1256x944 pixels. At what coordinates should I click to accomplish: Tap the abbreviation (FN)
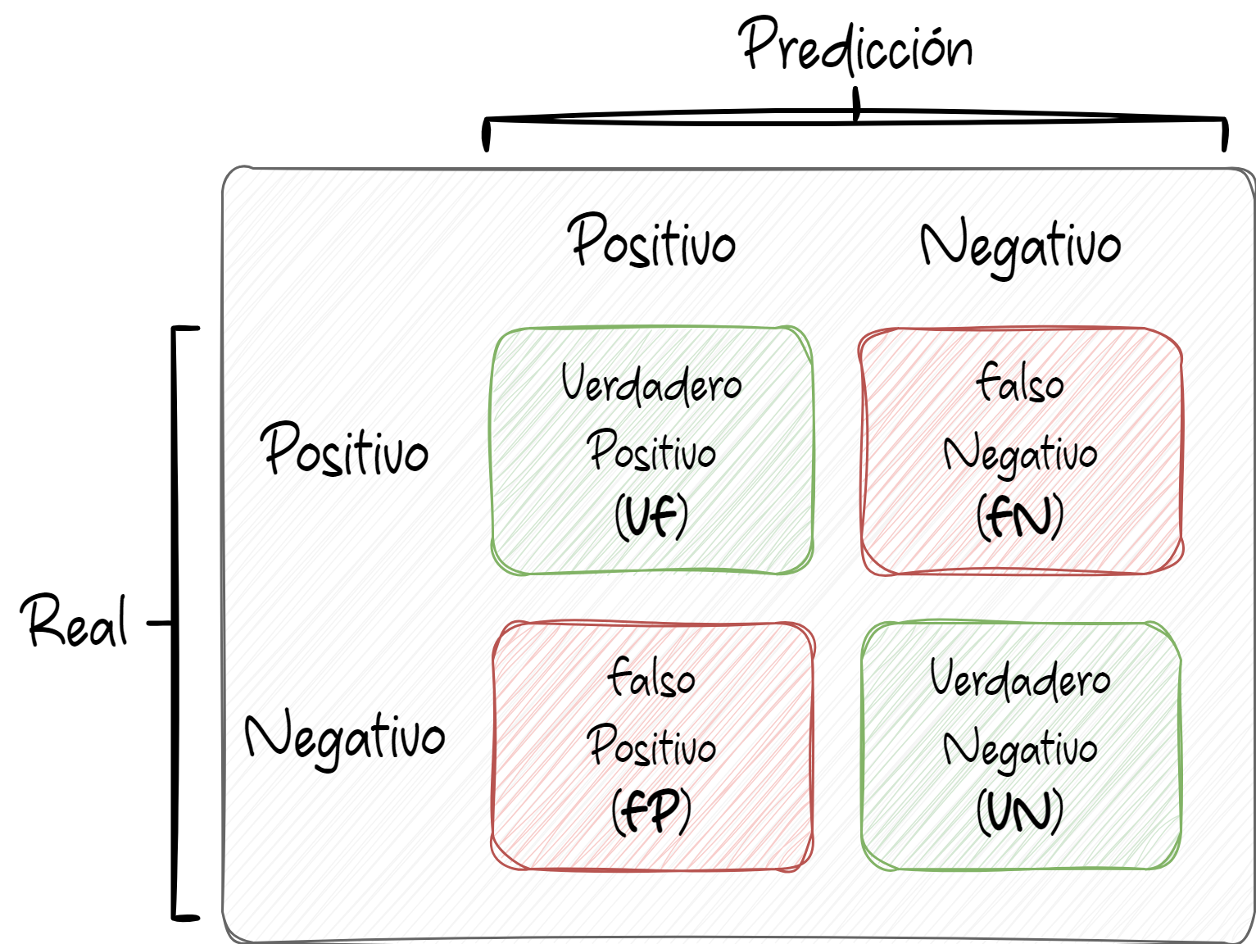(1020, 519)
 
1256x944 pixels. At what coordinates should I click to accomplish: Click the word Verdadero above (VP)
(651, 385)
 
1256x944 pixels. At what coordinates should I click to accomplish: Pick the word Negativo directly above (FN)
(1020, 453)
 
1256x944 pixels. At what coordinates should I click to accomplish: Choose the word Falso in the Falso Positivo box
(653, 678)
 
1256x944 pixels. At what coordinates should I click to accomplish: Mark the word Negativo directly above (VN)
(1020, 748)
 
